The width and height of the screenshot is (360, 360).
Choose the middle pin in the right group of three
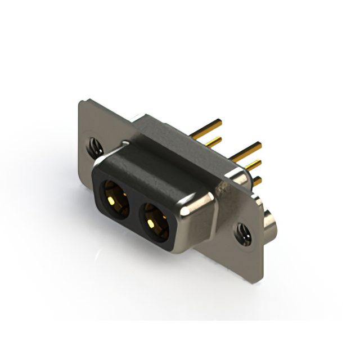(253, 166)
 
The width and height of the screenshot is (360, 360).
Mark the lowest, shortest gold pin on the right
(257, 181)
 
